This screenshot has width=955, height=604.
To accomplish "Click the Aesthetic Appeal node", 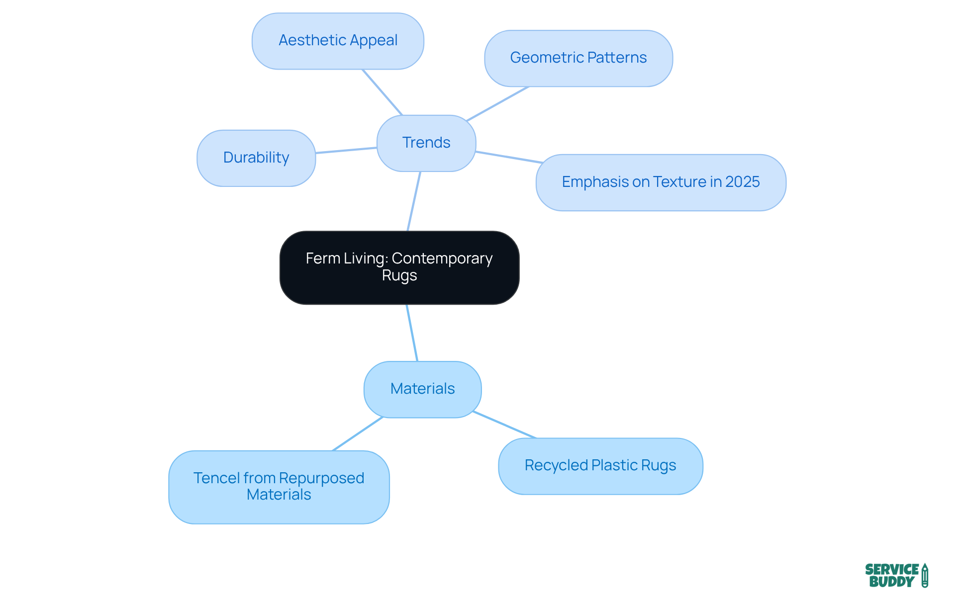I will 338,41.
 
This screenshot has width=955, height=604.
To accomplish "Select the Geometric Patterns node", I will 578,58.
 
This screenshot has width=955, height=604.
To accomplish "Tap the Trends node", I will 426,143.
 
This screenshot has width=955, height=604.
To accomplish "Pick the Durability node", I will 256,158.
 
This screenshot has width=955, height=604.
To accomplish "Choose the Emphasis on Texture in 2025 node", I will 661,182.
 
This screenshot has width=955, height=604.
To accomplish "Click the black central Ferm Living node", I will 399,267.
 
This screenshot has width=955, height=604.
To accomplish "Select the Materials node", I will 422,389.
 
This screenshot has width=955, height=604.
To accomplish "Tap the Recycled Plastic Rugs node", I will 600,466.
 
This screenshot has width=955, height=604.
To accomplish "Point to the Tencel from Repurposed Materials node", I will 279,487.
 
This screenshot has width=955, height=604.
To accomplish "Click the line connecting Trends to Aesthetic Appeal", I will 382,92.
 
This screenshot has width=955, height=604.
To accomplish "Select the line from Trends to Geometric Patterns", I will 497,104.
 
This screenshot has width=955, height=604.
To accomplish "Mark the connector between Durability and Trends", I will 346,150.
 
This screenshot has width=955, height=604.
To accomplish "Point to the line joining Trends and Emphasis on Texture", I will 508,157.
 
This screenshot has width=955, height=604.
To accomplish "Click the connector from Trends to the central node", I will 414,201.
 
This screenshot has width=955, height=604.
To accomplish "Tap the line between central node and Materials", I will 412,333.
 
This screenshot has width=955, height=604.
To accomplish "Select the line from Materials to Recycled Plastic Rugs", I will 504,425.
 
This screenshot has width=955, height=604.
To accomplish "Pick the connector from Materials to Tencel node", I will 358,433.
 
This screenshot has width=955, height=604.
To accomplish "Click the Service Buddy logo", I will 896,575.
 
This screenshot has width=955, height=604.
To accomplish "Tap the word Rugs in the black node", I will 399,275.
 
